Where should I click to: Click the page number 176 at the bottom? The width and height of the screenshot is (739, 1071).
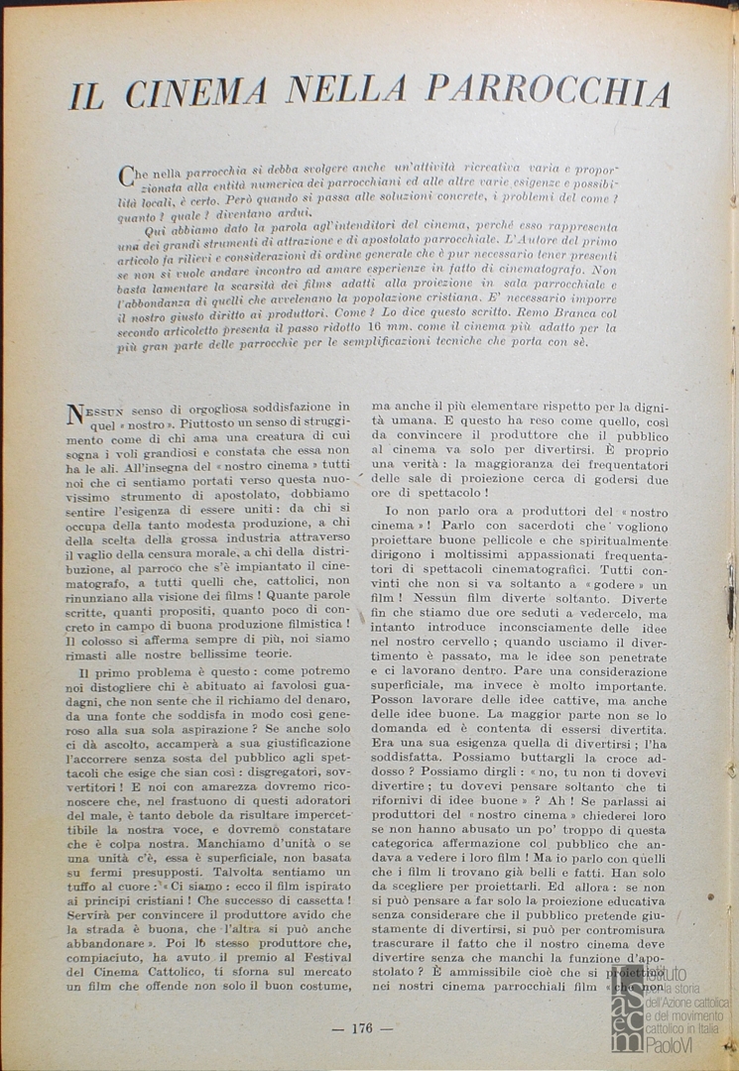point(361,1028)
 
